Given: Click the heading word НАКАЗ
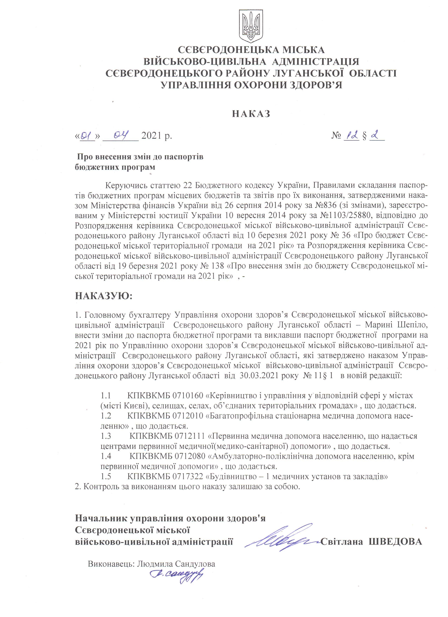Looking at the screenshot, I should click(251, 114).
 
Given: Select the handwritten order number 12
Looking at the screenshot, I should click(351, 135).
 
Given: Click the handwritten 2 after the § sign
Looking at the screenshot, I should click(376, 135).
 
